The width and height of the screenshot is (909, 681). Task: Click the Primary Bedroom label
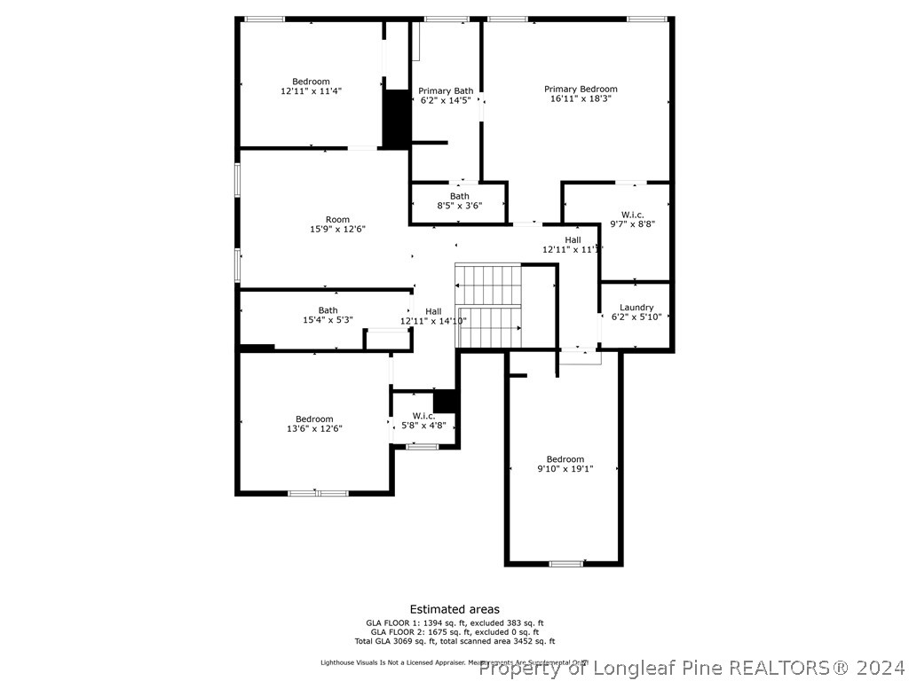pos(581,89)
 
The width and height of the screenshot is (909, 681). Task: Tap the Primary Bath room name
pos(446,90)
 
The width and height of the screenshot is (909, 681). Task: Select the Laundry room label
pos(636,308)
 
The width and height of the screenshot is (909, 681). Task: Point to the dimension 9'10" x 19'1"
pos(565,469)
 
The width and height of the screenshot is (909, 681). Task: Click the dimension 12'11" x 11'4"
pos(311,90)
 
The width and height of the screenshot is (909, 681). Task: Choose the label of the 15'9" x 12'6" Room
pos(337,219)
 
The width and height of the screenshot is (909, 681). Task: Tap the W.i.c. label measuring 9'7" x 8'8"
pos(632,215)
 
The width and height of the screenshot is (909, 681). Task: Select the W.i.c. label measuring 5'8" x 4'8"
pos(423,416)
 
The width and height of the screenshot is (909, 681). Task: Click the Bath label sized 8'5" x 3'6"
pos(459,196)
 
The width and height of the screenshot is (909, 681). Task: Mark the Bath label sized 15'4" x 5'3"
pos(328,310)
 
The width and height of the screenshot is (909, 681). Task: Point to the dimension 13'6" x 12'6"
pos(314,429)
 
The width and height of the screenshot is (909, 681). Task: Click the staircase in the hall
pos(488,306)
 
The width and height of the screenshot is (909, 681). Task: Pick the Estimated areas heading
pos(454,609)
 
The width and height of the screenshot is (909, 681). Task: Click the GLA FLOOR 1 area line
pos(454,622)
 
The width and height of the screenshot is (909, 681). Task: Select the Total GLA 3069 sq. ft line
pos(454,641)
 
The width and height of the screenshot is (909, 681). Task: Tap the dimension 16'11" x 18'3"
pos(581,98)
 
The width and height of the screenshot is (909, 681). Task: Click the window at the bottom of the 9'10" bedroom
pos(565,563)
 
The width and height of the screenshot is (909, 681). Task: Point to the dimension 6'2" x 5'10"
pos(636,317)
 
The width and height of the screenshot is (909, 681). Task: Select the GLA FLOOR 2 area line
pos(454,631)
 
